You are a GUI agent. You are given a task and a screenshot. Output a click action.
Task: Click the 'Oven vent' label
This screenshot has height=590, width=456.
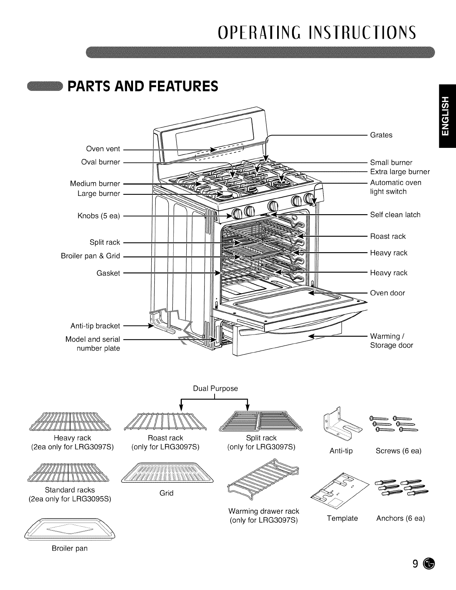pyautogui.click(x=103, y=149)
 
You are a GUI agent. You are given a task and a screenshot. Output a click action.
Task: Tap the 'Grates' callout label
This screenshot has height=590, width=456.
pyautogui.click(x=381, y=135)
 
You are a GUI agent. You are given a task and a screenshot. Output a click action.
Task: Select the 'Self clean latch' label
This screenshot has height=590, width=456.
pyautogui.click(x=395, y=215)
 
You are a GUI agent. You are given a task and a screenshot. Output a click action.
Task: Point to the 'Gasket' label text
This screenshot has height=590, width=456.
pyautogui.click(x=108, y=273)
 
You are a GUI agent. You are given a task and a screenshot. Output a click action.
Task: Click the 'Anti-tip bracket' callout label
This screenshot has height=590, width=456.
pyautogui.click(x=95, y=326)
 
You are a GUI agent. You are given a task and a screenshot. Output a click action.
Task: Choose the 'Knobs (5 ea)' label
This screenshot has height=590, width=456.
pyautogui.click(x=99, y=216)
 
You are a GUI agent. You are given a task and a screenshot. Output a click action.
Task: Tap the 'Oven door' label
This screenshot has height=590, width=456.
pyautogui.click(x=387, y=293)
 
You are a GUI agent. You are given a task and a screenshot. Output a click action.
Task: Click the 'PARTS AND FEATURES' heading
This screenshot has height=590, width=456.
pyautogui.click(x=143, y=86)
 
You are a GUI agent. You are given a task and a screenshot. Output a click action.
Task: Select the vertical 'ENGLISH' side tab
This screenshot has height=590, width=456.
pyautogui.click(x=447, y=116)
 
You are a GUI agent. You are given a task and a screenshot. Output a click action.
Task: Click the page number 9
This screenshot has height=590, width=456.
pyautogui.click(x=415, y=564)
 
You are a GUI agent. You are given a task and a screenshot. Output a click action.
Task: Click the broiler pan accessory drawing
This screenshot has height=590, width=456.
pyautogui.click(x=70, y=529)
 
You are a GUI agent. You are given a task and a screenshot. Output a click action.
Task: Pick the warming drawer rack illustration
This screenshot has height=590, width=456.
pyautogui.click(x=263, y=479)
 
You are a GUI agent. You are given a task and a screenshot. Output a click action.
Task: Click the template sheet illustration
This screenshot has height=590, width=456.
pyautogui.click(x=340, y=491)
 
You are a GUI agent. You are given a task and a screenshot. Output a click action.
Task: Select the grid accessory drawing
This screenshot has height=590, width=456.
pyautogui.click(x=167, y=473)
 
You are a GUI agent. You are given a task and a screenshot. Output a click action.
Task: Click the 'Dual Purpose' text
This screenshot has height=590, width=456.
pyautogui.click(x=215, y=388)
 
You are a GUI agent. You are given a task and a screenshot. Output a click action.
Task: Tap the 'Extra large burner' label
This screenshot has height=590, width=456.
pyautogui.click(x=400, y=172)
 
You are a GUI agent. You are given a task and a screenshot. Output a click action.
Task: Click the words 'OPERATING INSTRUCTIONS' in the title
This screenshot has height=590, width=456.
pyautogui.click(x=317, y=32)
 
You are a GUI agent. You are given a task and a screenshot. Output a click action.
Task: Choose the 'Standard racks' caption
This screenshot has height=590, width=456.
pyautogui.click(x=70, y=490)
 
